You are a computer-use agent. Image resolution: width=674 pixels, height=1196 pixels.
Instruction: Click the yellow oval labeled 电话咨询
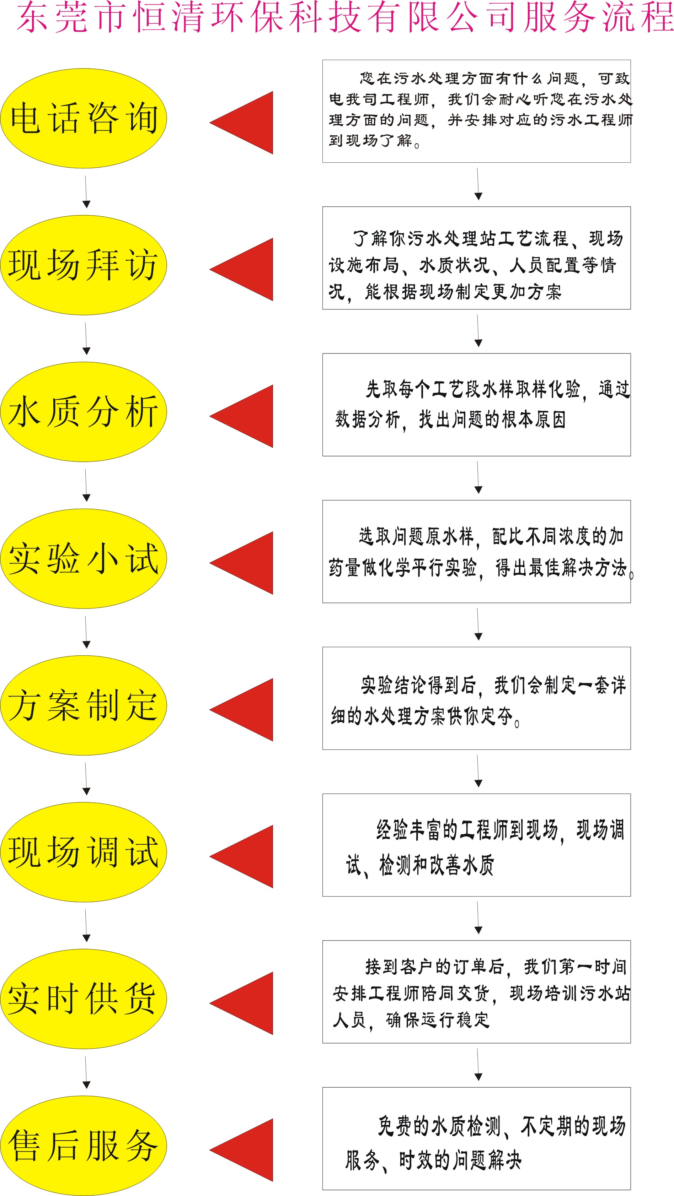84,118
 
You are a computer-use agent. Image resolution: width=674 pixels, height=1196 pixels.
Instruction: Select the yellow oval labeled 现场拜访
84,265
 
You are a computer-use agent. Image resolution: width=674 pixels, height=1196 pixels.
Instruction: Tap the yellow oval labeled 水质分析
84,412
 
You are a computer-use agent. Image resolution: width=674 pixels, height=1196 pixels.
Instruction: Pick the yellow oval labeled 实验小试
84,558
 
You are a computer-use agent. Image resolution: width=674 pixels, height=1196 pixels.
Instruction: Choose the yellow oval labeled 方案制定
84,705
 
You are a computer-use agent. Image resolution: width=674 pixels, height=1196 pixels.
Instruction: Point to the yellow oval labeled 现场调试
84,852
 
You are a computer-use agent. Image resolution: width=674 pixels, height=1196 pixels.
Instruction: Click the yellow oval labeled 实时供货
84,999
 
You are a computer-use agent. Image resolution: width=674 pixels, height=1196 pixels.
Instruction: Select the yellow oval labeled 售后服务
84,1146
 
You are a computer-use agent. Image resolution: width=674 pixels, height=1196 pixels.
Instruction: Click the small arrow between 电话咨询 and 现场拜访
86,192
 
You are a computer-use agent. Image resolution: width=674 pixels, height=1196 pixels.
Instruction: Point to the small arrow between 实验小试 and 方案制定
86,632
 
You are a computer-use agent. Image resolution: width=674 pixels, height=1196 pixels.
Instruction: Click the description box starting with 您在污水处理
477,111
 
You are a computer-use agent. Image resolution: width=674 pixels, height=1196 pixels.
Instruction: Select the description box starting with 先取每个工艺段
477,404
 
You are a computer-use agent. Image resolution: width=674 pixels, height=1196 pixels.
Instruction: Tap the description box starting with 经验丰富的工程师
477,845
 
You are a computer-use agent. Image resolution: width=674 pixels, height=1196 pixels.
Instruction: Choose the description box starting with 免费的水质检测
477,1138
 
